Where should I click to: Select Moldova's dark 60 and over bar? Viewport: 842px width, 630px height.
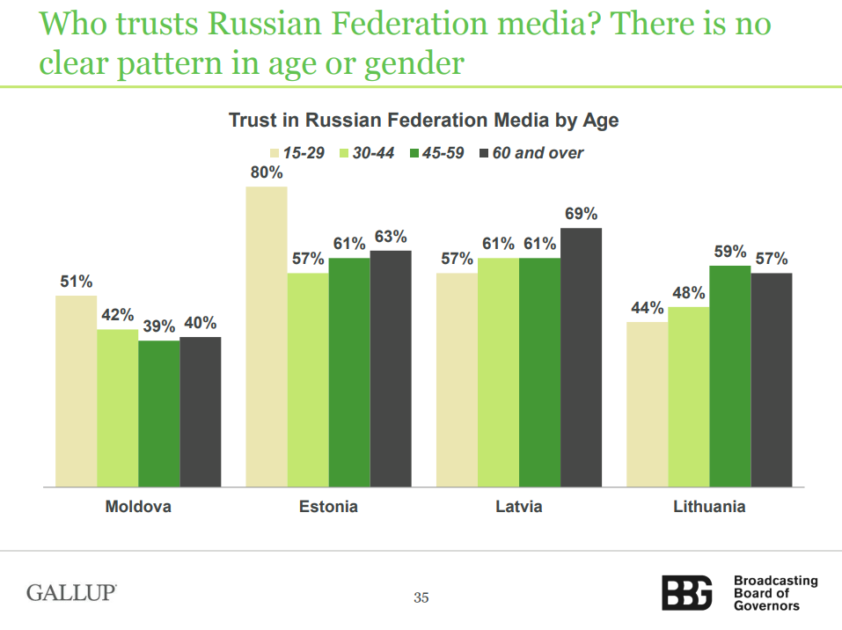[200, 411]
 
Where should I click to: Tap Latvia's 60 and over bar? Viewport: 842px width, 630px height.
[581, 356]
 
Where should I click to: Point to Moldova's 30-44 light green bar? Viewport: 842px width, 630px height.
[117, 407]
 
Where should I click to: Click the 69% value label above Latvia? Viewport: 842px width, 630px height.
[581, 214]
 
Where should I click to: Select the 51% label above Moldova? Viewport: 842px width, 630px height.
[76, 282]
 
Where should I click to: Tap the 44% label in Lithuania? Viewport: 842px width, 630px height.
[647, 308]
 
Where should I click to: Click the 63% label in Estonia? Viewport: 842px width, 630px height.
[391, 237]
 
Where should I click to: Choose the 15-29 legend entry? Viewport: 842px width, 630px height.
[298, 153]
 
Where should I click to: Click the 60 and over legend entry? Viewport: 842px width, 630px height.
[531, 153]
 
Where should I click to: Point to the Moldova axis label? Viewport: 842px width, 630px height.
[138, 507]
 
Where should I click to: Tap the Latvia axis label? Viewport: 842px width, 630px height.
[518, 507]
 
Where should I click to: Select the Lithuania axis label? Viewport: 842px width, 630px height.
[709, 507]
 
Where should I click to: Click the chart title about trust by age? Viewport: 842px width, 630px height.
[423, 121]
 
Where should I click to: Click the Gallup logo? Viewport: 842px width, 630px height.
[71, 592]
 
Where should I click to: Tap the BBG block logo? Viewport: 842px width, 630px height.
[687, 592]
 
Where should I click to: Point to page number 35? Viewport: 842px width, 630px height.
[421, 598]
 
